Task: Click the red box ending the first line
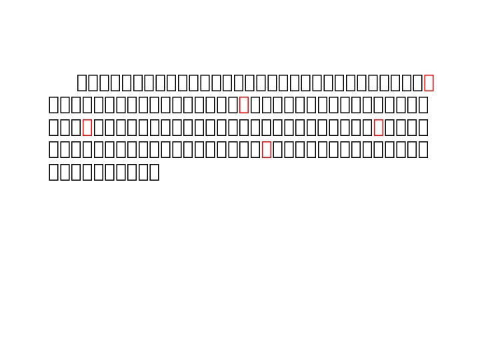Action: [x=429, y=83]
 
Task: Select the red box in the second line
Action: [x=244, y=105]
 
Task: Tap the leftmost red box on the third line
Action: [x=87, y=127]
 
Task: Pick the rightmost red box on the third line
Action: [x=379, y=127]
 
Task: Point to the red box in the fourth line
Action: [x=267, y=149]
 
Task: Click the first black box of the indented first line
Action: [x=82, y=83]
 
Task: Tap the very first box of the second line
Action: [x=53, y=105]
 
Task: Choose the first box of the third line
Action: [x=53, y=127]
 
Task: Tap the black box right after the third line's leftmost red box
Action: [x=99, y=127]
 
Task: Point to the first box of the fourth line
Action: [x=53, y=149]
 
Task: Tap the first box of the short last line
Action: [x=53, y=172]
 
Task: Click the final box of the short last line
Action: [x=155, y=172]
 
